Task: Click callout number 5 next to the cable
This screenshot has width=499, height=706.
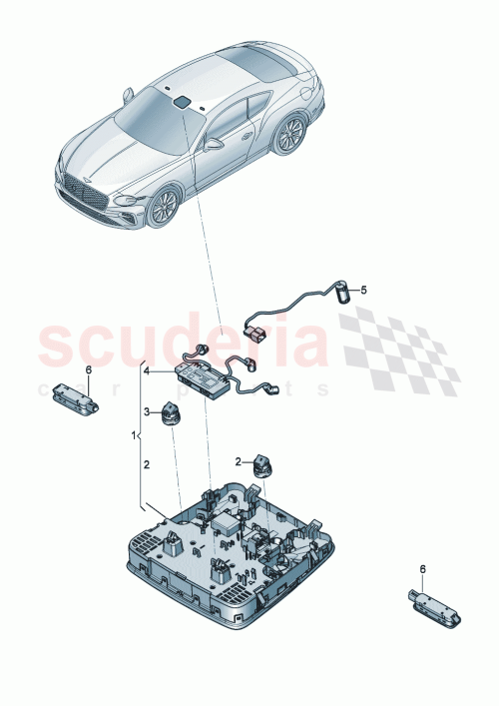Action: (363, 290)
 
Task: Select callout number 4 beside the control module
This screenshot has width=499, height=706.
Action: (146, 370)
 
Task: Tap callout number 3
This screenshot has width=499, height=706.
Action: (146, 411)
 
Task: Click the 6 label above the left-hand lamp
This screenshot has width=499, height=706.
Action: (88, 370)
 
